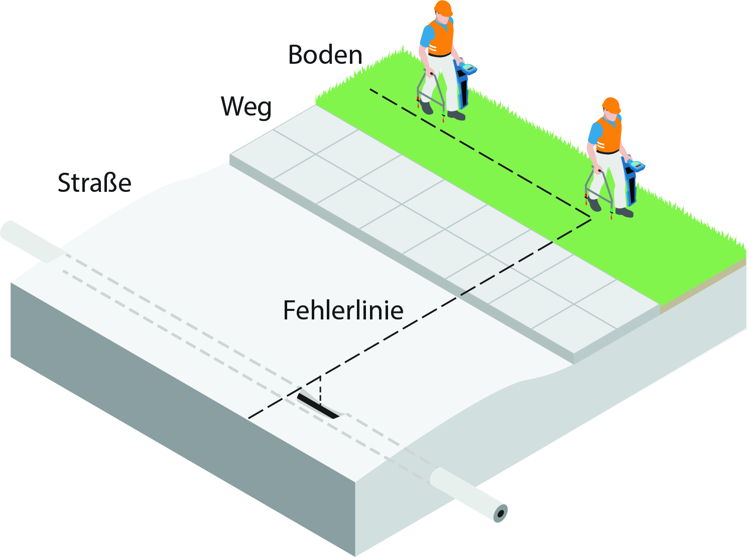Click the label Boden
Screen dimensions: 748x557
325,55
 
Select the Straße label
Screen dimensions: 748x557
94,183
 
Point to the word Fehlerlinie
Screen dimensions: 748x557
343,310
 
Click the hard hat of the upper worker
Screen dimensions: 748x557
443,8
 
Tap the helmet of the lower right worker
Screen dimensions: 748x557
611,105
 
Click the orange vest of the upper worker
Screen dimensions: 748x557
440,38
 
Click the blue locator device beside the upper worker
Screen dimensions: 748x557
464,83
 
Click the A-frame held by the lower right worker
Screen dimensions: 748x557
598,193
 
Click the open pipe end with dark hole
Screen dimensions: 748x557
501,513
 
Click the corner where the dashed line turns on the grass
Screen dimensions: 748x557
591,219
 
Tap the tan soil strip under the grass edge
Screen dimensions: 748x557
703,286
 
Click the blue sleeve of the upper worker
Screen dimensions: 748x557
426,36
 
